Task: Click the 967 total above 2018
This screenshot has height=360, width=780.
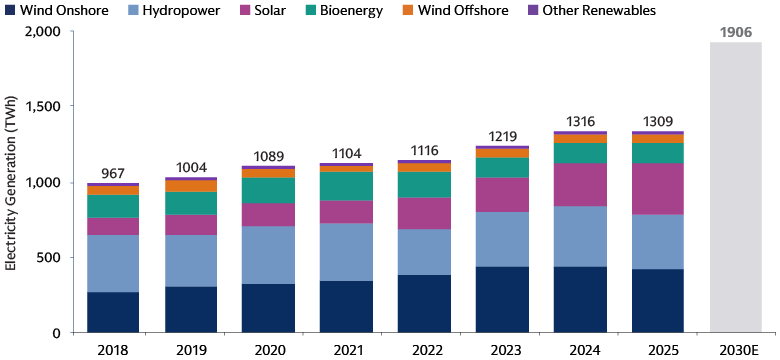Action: tap(113, 173)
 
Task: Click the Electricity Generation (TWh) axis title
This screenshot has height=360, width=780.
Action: tap(11, 182)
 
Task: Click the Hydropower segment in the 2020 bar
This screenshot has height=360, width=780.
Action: tap(268, 255)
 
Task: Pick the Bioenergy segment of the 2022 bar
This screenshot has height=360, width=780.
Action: tap(424, 184)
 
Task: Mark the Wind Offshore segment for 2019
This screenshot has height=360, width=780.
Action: tap(191, 186)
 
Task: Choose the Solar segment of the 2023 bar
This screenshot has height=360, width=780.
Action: tap(502, 194)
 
